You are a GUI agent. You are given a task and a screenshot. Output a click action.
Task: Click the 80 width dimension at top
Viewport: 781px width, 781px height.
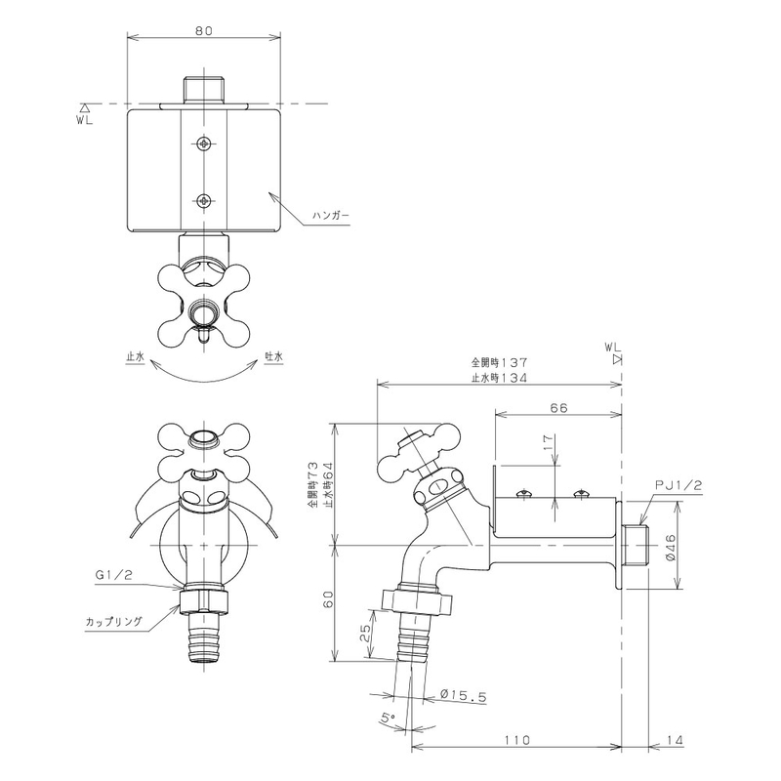tap(204, 30)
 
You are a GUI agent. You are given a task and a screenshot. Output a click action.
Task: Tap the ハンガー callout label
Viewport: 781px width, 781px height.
tap(331, 215)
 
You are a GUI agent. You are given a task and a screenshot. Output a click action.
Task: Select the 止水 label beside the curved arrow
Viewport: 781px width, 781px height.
tap(135, 356)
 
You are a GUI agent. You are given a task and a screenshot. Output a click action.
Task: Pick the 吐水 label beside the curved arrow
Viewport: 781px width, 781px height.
tap(274, 356)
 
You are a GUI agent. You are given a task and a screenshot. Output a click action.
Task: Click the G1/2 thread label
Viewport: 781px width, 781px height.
tap(113, 575)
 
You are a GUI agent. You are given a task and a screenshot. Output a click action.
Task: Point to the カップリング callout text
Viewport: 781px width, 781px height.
tap(114, 622)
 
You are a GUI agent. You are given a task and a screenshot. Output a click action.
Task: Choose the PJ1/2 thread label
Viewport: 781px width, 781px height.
tap(678, 485)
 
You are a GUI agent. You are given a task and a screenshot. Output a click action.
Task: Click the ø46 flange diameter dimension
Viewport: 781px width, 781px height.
tap(670, 548)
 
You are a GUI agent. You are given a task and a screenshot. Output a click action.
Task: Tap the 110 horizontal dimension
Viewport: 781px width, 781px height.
tap(516, 740)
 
